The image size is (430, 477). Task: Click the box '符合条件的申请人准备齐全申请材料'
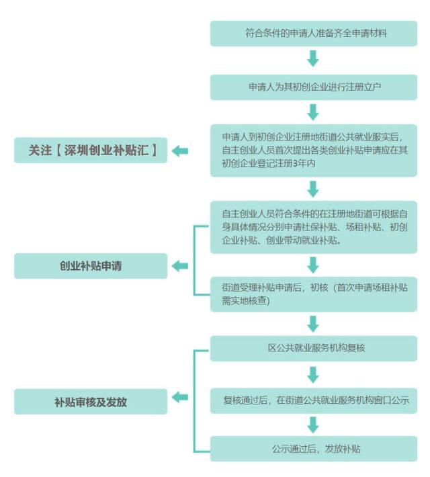tap(314, 34)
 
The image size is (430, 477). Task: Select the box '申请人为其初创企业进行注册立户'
tap(314, 87)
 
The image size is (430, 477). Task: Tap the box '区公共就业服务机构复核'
tap(314, 348)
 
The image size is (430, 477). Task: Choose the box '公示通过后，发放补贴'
tap(314, 449)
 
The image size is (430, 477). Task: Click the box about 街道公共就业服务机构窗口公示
tap(314, 400)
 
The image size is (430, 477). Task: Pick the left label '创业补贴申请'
tap(91, 266)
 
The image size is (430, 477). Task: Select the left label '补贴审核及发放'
tap(91, 402)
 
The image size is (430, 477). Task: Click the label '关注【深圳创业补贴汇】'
tap(91, 150)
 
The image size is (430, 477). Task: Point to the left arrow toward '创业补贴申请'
tap(180, 266)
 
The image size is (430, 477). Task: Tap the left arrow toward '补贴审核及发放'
tap(180, 397)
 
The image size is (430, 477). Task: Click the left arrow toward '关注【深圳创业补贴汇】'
tap(180, 150)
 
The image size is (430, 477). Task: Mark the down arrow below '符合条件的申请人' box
tap(313, 58)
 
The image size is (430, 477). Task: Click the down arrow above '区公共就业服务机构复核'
tap(313, 324)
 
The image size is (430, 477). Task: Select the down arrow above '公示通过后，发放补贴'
tap(313, 425)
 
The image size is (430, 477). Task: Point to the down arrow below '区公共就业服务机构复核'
tap(313, 375)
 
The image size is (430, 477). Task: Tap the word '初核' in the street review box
tap(319, 288)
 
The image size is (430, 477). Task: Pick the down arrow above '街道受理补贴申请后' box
tap(313, 265)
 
